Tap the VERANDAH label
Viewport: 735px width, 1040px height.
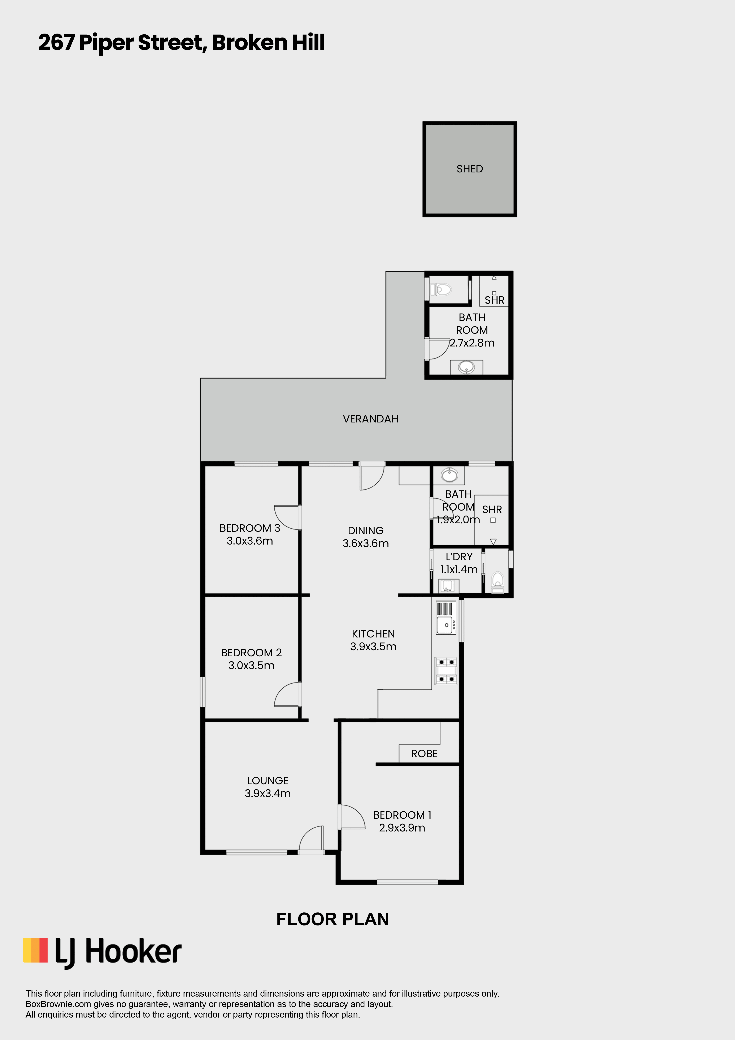click(x=371, y=419)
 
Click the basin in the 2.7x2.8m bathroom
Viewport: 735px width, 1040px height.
click(x=466, y=367)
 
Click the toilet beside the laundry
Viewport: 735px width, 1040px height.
click(x=497, y=582)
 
